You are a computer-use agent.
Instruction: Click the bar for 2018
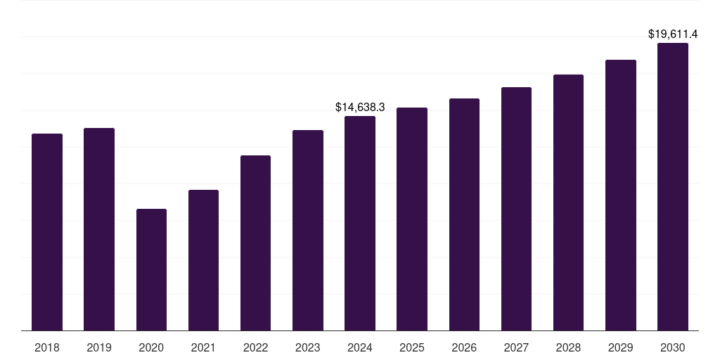(x=47, y=232)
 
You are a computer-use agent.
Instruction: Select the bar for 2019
(x=99, y=229)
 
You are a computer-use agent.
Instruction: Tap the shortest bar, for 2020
(x=151, y=270)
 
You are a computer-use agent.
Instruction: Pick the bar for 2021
(x=203, y=260)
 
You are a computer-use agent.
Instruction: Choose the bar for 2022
(x=255, y=243)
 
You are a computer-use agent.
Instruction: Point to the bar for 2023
(x=308, y=230)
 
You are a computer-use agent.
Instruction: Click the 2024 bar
(x=360, y=223)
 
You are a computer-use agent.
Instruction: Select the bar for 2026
(x=464, y=214)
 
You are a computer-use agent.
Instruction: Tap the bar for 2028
(x=568, y=202)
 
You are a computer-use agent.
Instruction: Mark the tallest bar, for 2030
(x=673, y=186)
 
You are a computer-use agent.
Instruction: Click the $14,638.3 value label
(x=360, y=108)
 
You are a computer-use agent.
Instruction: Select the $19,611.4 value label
(x=672, y=34)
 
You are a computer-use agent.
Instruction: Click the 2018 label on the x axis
(x=47, y=347)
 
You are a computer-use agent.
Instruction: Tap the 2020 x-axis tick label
(x=151, y=347)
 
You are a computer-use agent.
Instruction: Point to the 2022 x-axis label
(x=255, y=347)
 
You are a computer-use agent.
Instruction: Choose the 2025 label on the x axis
(x=412, y=347)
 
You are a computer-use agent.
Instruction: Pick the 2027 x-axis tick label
(x=516, y=347)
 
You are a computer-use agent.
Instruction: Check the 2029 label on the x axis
(x=620, y=347)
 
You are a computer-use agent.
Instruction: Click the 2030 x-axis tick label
(x=673, y=347)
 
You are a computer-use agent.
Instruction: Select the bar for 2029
(x=620, y=195)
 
